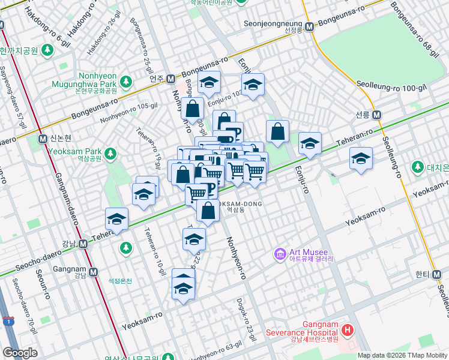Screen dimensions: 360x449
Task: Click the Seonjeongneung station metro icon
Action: coord(309,27)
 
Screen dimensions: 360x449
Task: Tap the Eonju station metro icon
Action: coord(170,79)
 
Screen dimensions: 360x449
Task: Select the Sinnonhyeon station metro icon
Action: coord(43,139)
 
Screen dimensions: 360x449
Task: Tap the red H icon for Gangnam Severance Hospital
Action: coord(346,329)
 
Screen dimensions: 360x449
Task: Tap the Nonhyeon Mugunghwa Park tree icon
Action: coord(125,80)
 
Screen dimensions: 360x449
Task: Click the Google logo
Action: coord(20,352)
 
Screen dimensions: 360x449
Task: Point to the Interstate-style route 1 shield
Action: coord(8,320)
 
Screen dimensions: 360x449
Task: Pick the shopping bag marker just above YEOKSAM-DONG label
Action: coord(208,211)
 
